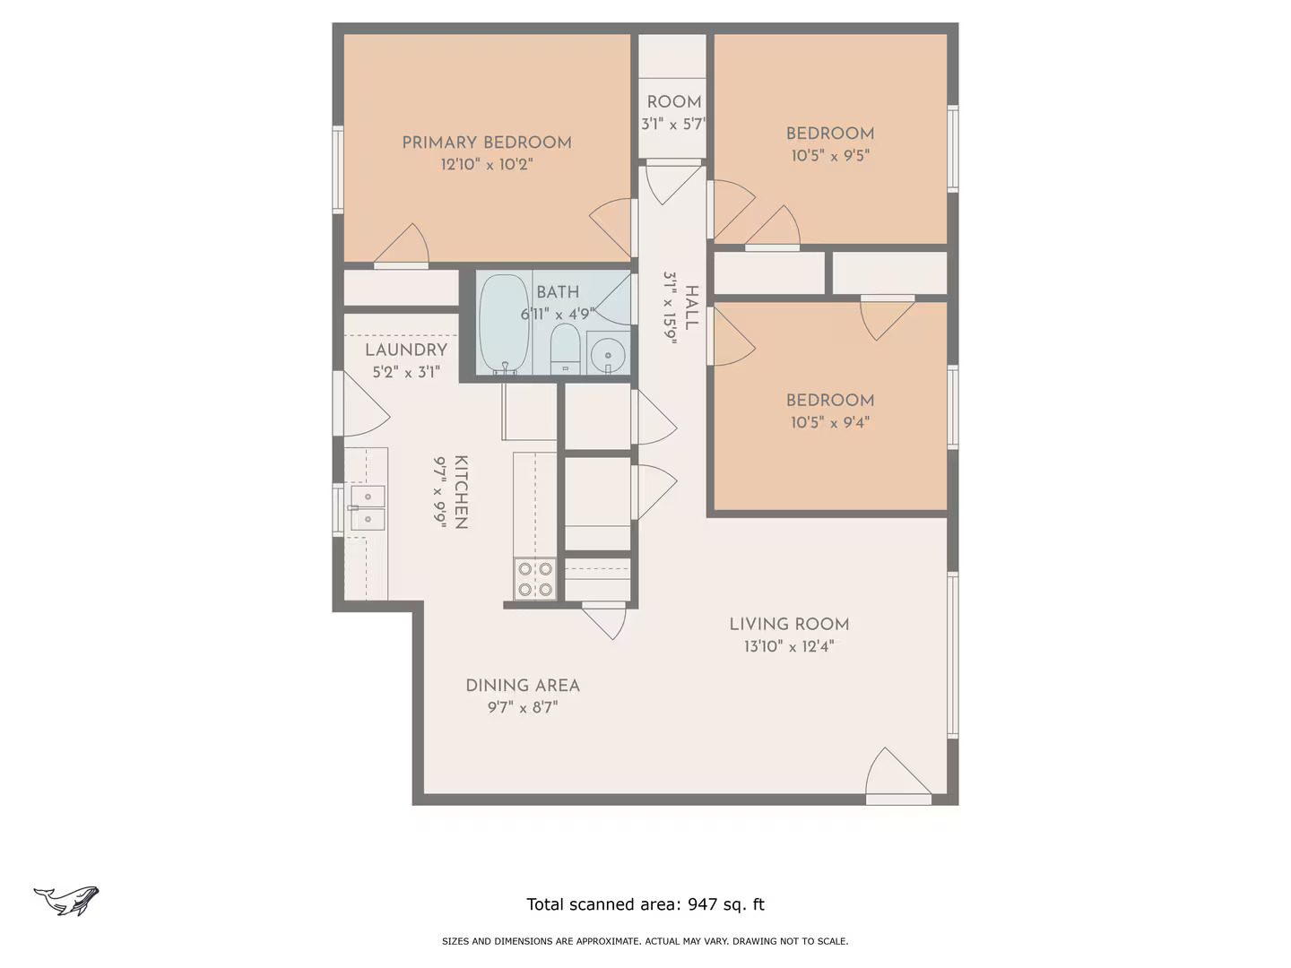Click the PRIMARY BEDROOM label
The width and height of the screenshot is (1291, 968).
487,143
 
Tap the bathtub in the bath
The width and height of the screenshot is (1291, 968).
503,324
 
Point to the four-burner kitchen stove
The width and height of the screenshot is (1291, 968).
534,578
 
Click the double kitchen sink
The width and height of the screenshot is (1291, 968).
367,507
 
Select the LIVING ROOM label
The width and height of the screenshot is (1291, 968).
789,625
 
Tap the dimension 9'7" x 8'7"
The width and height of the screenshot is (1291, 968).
523,707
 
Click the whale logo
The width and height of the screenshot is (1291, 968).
67,900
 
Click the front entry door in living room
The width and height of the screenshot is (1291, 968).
897,776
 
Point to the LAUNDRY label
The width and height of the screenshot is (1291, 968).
406,350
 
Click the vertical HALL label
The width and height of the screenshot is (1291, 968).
691,307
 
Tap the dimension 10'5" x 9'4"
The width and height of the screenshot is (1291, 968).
829,422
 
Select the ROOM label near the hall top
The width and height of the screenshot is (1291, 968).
674,102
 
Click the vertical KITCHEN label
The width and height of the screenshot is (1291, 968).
461,492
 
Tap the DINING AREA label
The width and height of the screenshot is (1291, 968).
523,686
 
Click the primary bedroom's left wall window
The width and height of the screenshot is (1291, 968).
338,169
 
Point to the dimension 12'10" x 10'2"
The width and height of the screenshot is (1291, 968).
487,165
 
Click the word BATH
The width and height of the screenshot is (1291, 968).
558,292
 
